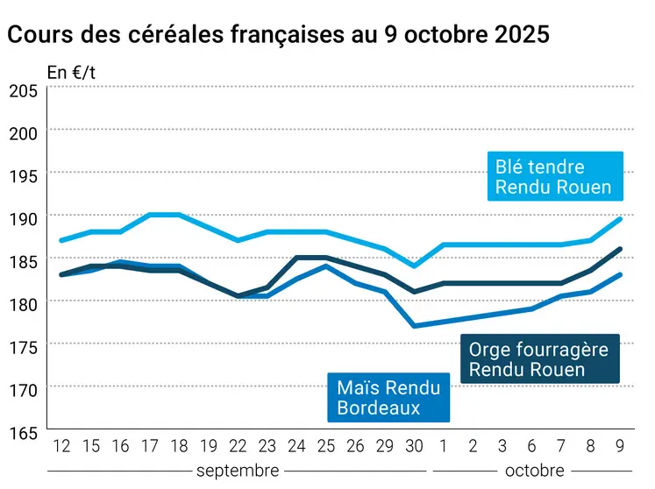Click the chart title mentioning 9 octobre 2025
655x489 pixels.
point(278,35)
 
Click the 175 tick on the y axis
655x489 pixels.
point(23,347)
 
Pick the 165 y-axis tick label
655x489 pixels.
point(23,433)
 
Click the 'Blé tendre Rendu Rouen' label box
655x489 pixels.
point(553,176)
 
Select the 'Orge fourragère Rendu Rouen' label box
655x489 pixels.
point(538,359)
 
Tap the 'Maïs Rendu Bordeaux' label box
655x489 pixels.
point(388,396)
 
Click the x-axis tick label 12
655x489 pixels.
point(61,446)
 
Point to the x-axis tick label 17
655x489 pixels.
point(149,446)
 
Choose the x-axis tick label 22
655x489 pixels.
point(238,446)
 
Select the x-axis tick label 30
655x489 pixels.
point(414,446)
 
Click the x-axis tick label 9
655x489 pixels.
point(620,446)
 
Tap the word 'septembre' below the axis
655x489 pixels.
point(239,471)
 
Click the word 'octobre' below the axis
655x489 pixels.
point(535,471)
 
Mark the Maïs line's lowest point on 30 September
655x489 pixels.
point(414,326)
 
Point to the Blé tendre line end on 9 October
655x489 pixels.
point(620,219)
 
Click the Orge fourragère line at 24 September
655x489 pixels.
point(296,258)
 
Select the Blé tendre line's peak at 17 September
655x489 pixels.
point(149,215)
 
